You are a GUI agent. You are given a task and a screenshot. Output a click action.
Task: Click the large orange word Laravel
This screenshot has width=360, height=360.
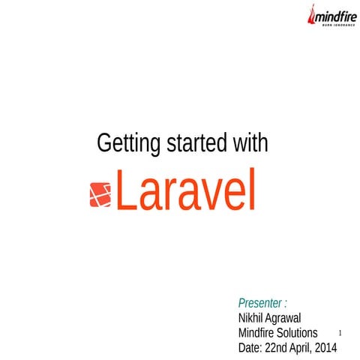coord(186,192)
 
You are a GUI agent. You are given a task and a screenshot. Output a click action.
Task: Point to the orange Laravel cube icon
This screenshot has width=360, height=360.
coord(100,195)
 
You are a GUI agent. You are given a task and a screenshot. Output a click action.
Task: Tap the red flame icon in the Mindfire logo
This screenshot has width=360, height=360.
coord(313,15)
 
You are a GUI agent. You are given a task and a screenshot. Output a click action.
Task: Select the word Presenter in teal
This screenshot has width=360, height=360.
coord(259,303)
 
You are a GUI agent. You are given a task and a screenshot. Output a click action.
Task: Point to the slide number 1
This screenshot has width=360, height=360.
coord(340,331)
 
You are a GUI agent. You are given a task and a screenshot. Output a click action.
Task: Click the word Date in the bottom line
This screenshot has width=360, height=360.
coord(250,348)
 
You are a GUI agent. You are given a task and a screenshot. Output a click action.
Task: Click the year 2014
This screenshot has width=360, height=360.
coord(327,348)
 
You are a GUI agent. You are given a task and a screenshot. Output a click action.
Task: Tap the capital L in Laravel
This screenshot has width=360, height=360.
coord(125,192)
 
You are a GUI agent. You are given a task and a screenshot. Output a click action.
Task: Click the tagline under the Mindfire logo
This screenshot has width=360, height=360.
coord(335,25)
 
